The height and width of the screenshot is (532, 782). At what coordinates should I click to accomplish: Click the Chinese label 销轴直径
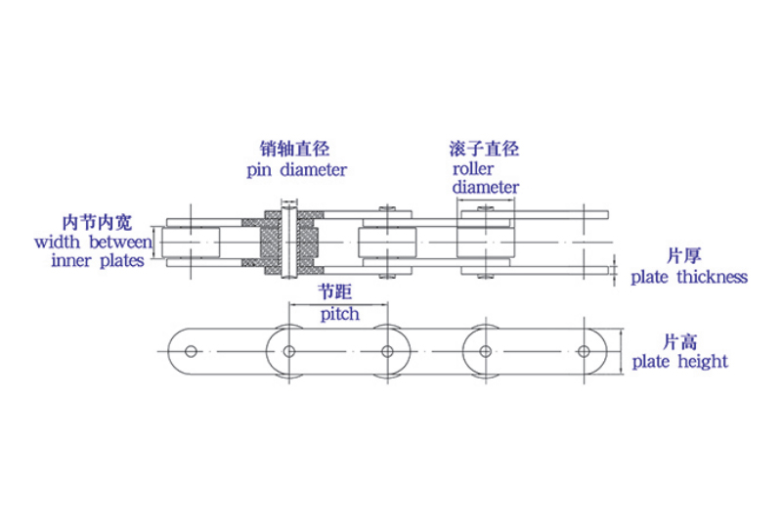click(287, 150)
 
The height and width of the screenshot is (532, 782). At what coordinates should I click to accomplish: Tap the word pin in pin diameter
click(261, 169)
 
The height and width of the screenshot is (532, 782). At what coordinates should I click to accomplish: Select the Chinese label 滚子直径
click(484, 150)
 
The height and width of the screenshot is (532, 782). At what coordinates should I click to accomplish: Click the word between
click(121, 241)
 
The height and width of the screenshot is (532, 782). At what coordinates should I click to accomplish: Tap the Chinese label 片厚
click(683, 256)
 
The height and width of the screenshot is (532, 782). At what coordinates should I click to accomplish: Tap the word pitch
click(339, 314)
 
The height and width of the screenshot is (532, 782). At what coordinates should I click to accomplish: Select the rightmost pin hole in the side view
click(584, 351)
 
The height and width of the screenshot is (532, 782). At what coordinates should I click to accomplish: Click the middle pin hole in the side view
click(388, 351)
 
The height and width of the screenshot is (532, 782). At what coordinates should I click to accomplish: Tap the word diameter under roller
click(485, 187)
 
